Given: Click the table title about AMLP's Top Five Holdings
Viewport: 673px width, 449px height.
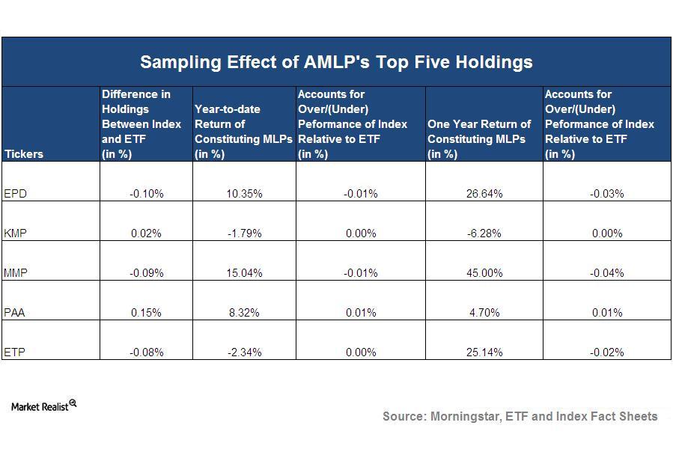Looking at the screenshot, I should pos(336,62).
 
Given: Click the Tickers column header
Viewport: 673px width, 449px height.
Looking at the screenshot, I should pos(24,154).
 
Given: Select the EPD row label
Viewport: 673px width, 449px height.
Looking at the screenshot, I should pos(16,193).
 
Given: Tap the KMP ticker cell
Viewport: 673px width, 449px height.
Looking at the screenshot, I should pos(16,233).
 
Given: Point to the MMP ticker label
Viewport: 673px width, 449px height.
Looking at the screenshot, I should pos(16,273).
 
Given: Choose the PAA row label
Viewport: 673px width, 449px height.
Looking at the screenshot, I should pos(16,313).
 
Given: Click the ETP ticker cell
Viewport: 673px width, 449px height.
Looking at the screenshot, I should pos(15,352).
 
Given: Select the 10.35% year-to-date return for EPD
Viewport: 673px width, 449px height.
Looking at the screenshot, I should pos(244,193).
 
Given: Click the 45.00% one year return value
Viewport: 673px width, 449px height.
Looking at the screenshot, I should pos(484,273).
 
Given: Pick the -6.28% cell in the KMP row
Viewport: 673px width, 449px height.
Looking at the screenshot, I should pos(484,233).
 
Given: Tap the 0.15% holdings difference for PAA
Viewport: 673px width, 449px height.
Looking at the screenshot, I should pos(146,313).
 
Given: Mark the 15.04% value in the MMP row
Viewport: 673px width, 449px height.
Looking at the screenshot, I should pos(244,273).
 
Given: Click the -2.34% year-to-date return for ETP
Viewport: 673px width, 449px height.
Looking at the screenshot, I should pos(244,352).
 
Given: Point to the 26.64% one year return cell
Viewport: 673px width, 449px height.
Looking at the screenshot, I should pos(484,193).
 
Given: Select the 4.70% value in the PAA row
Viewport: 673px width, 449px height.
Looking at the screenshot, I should pos(484,313).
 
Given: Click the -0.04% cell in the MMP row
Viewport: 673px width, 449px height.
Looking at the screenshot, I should pos(607,273).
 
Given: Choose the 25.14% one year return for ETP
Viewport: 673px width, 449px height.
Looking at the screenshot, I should pos(484,352).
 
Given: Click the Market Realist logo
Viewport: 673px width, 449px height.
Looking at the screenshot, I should pos(43,406).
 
